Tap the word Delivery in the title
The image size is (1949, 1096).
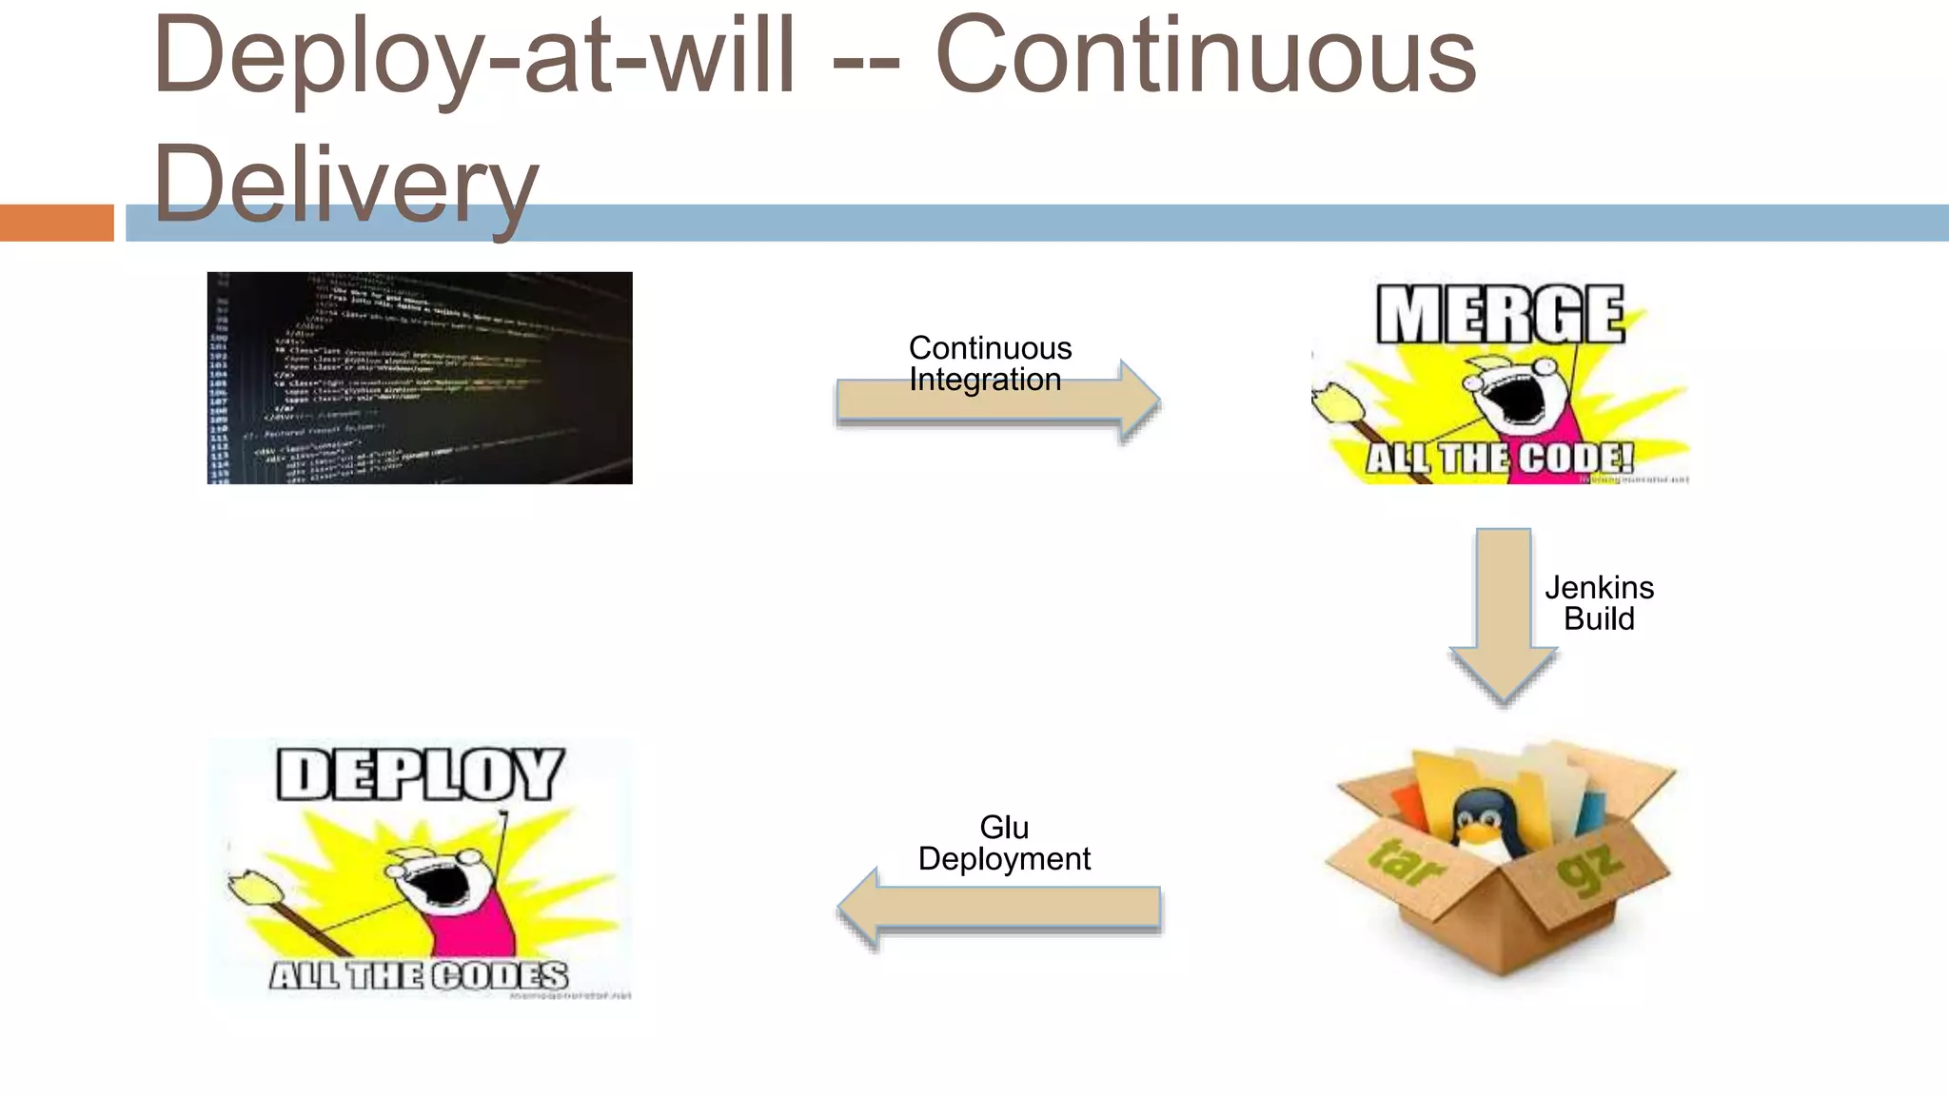click(x=345, y=186)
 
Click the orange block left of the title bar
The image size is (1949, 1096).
click(x=56, y=223)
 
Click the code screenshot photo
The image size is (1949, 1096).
click(x=420, y=378)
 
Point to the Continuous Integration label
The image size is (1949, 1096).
click(x=990, y=363)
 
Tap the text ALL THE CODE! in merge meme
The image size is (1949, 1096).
click(x=1500, y=459)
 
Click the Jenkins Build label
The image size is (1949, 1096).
click(x=1599, y=603)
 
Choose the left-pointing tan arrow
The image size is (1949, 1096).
click(x=999, y=909)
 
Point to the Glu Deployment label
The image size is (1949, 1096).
click(x=1004, y=843)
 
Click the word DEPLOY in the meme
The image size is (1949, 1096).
click(x=420, y=773)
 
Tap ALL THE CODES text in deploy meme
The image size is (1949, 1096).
click(x=419, y=976)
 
